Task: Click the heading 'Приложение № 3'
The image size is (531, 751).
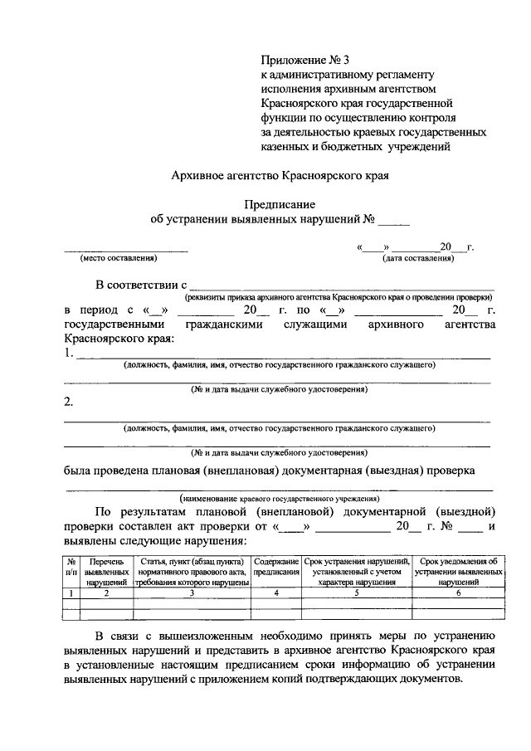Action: pos(300,59)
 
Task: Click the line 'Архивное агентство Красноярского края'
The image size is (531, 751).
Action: pos(279,176)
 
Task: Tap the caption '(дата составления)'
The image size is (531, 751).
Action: pos(418,258)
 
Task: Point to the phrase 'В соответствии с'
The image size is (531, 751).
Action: pos(142,286)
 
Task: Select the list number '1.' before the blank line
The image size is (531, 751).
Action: pos(70,354)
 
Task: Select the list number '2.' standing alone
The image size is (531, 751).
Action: pos(70,404)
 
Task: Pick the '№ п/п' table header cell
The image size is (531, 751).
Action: pos(72,568)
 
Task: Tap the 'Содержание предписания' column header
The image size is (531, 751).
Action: pos(276,568)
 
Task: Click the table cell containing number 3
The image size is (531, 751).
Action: pos(192,593)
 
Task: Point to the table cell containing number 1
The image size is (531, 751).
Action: pos(72,593)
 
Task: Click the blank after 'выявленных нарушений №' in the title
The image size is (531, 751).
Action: pos(394,220)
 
